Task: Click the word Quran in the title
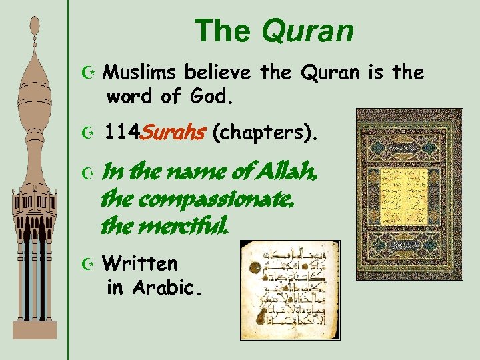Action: pyautogui.click(x=308, y=30)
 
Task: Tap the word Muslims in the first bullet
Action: pyautogui.click(x=143, y=72)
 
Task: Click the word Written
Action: pyautogui.click(x=141, y=263)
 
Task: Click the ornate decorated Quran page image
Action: pyautogui.click(x=399, y=194)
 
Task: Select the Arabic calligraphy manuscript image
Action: pyautogui.click(x=289, y=289)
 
